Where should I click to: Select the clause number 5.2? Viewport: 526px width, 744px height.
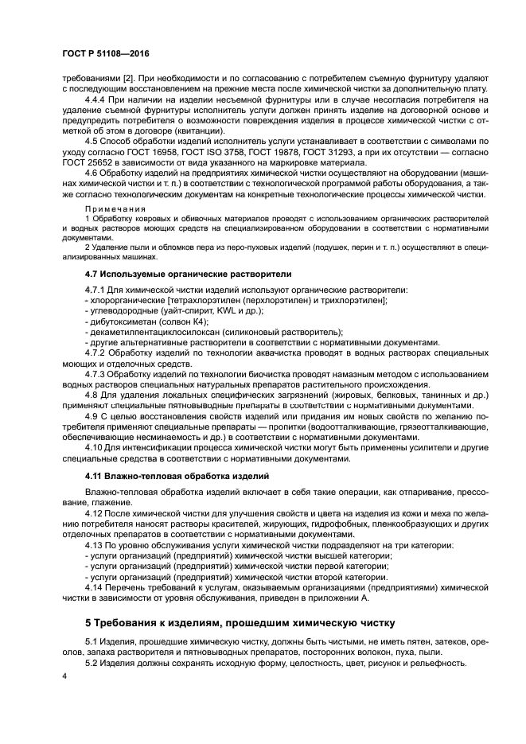click(92, 663)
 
